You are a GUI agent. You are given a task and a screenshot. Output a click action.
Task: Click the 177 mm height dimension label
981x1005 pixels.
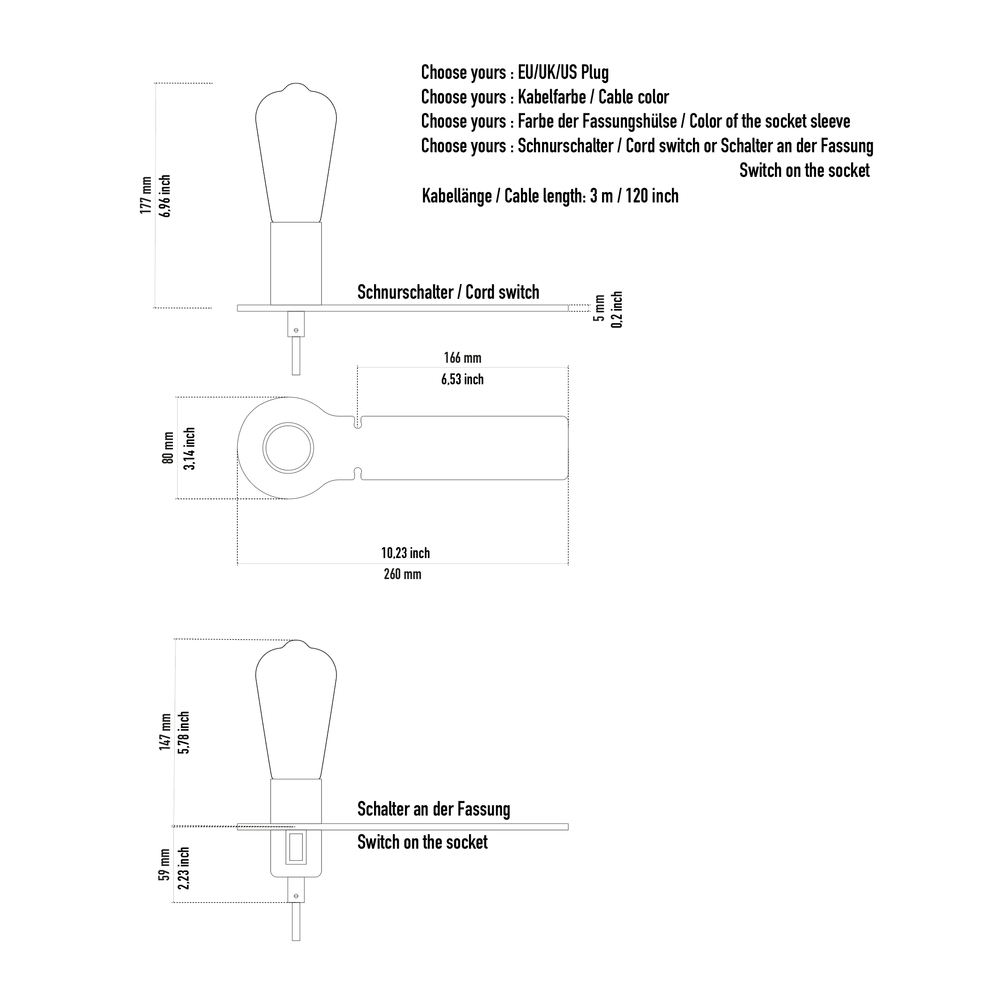pyautogui.click(x=146, y=195)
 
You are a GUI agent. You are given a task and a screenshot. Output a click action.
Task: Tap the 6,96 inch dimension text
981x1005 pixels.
pyautogui.click(x=165, y=196)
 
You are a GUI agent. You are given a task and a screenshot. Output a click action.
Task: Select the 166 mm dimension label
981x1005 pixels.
pyautogui.click(x=463, y=357)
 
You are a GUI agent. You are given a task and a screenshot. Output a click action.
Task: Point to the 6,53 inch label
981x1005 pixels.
pyautogui.click(x=462, y=380)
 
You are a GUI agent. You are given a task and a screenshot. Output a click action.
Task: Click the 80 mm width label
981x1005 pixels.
pyautogui.click(x=168, y=448)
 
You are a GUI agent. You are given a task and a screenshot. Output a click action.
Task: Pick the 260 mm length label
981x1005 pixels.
pyautogui.click(x=402, y=574)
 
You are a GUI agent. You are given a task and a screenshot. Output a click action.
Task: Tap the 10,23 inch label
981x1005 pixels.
pyautogui.click(x=405, y=553)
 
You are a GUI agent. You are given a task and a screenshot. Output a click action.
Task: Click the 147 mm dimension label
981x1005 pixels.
pyautogui.click(x=165, y=732)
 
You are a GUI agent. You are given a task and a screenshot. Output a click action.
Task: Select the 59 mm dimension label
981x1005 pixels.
pyautogui.click(x=164, y=865)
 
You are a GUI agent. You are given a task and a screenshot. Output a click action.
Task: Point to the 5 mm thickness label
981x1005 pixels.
pyautogui.click(x=599, y=309)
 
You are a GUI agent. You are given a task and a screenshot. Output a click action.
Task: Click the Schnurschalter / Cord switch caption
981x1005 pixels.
pyautogui.click(x=448, y=292)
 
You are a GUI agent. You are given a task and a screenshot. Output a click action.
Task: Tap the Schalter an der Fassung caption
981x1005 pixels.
pyautogui.click(x=434, y=809)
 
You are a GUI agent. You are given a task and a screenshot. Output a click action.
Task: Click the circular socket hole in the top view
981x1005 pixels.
pyautogui.click(x=288, y=423)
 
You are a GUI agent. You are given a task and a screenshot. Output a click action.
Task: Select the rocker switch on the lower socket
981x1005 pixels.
pyautogui.click(x=296, y=847)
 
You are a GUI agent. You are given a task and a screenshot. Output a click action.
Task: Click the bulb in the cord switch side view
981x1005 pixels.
pyautogui.click(x=296, y=152)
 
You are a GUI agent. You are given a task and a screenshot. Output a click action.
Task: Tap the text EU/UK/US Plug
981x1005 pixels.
pyautogui.click(x=563, y=73)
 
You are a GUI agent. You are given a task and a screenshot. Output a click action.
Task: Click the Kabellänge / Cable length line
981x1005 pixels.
pyautogui.click(x=550, y=196)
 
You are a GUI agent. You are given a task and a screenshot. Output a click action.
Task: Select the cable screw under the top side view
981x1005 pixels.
pyautogui.click(x=296, y=330)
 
